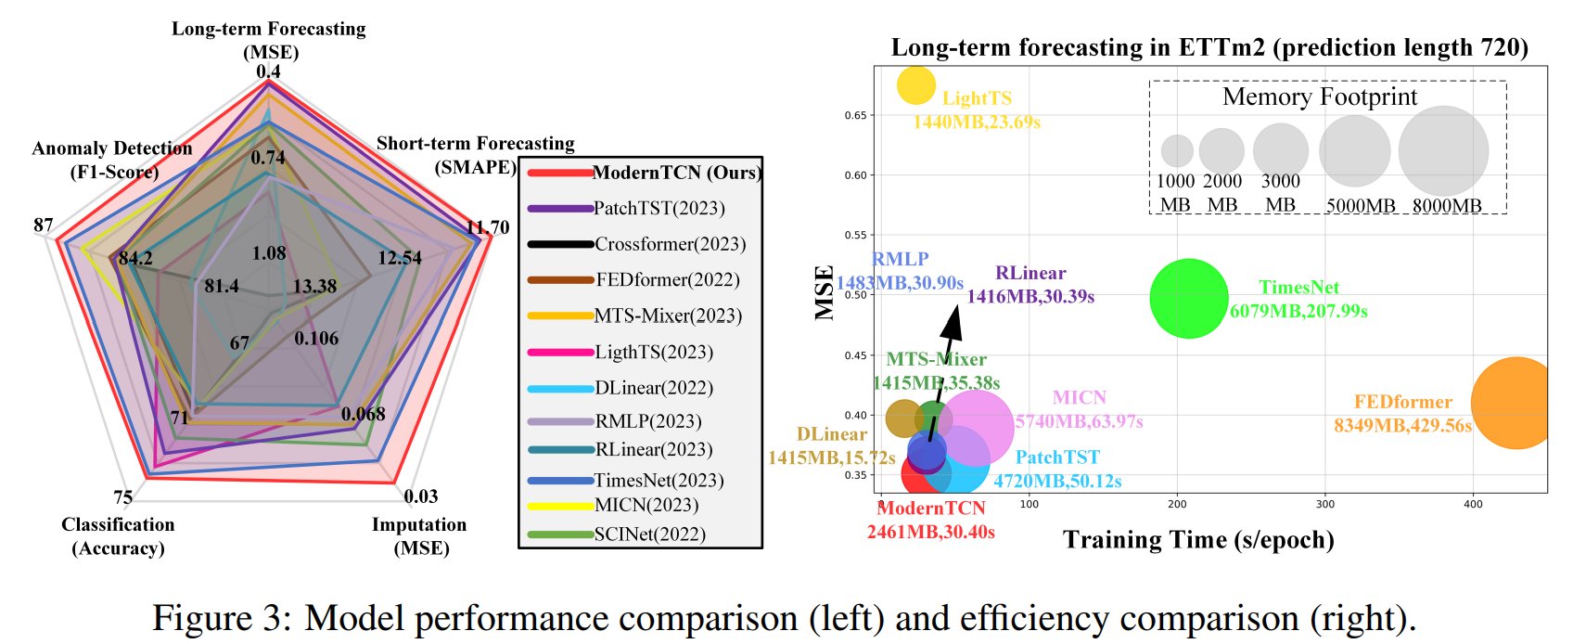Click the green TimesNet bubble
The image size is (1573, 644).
click(1188, 299)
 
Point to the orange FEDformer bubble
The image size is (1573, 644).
click(1514, 403)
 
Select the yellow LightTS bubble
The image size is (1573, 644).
click(916, 85)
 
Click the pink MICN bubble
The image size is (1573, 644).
click(975, 427)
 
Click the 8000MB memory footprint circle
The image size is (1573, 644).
click(1443, 151)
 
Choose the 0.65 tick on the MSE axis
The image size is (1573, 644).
click(855, 116)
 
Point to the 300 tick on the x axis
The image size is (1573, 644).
click(1325, 505)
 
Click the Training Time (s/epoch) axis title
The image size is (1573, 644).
click(1198, 540)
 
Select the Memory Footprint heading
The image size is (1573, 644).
click(1319, 97)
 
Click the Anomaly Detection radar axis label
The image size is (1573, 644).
click(112, 160)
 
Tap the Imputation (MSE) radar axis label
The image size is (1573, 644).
click(419, 536)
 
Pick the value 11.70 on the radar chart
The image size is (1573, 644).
click(488, 227)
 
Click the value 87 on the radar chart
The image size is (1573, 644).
click(43, 225)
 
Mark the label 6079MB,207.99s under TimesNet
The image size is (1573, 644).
click(1298, 311)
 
